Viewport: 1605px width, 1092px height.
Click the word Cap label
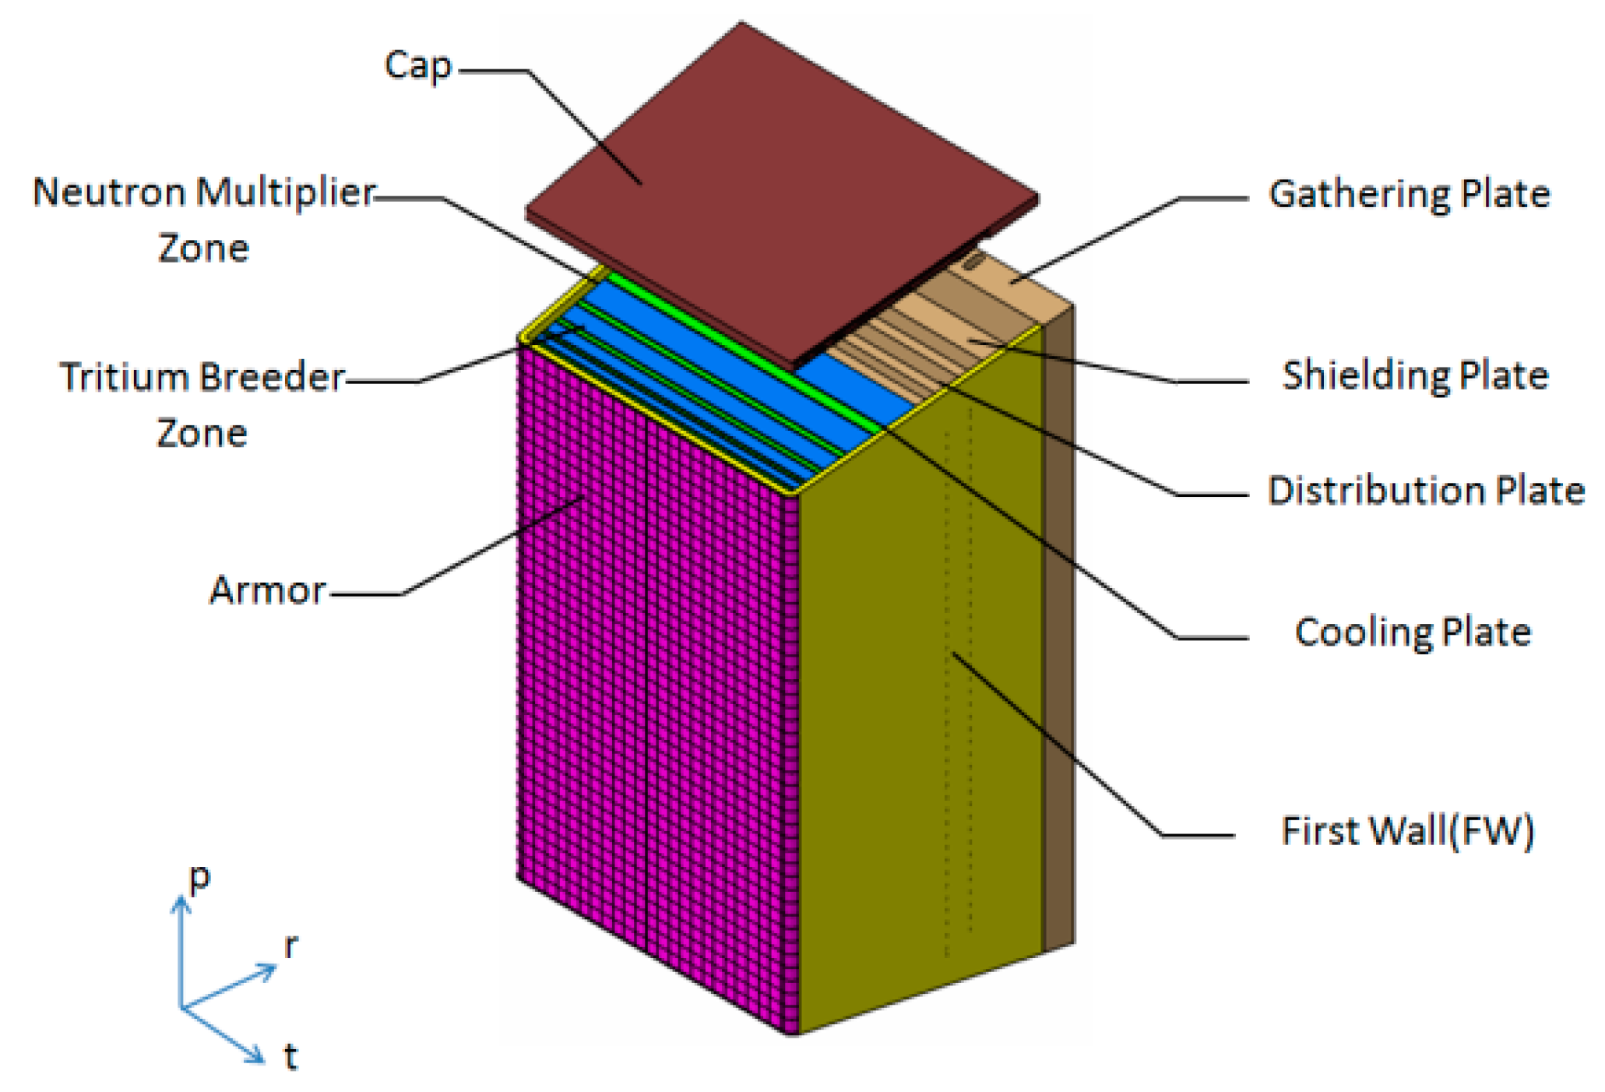418,66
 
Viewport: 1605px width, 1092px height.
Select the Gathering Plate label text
1409,194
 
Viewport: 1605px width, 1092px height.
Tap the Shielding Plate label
1414,375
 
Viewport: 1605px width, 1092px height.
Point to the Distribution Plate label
1425,491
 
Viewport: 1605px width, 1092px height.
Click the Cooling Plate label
1412,632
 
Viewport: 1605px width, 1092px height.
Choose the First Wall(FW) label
1407,830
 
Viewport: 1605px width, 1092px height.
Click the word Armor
267,590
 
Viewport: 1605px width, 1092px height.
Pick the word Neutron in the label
109,192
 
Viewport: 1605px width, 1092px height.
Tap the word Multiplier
285,192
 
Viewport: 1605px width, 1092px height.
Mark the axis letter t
290,1056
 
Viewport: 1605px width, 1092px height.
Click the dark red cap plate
779,187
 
